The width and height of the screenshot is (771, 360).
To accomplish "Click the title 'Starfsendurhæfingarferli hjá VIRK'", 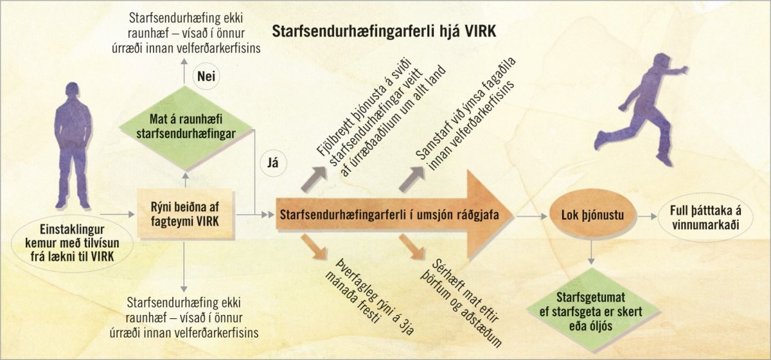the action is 384,32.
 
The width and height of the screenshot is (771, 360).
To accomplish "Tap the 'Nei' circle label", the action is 206,76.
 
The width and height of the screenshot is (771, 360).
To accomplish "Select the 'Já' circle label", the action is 273,163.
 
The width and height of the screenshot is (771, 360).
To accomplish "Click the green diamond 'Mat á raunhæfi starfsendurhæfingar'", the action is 186,127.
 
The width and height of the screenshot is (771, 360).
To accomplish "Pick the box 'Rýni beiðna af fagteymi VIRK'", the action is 185,214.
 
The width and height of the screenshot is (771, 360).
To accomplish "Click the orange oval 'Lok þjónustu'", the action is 592,215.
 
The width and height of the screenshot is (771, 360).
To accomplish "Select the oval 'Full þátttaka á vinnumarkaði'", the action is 705,217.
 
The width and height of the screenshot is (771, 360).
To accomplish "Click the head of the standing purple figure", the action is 72,92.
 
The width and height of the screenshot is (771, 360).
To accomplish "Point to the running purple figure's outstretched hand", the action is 684,69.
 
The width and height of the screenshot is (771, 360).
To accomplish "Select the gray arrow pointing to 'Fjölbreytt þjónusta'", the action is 314,179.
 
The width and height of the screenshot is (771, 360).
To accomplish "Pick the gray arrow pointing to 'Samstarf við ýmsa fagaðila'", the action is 412,179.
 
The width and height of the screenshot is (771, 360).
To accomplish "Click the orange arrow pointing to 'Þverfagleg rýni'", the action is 314,247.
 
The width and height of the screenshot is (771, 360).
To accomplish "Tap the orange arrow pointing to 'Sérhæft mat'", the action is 412,247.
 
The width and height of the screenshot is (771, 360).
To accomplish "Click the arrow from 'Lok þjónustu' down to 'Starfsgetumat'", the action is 591,252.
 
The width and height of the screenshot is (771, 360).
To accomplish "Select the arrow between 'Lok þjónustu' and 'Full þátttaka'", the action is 647,217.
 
